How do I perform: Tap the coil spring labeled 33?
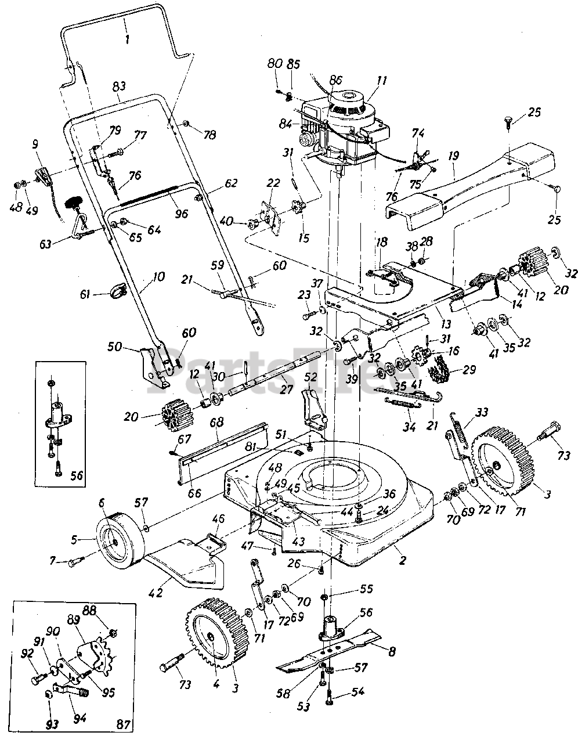pos(462,435)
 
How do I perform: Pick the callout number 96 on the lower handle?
pos(181,213)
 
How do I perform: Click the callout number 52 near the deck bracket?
pos(311,378)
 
